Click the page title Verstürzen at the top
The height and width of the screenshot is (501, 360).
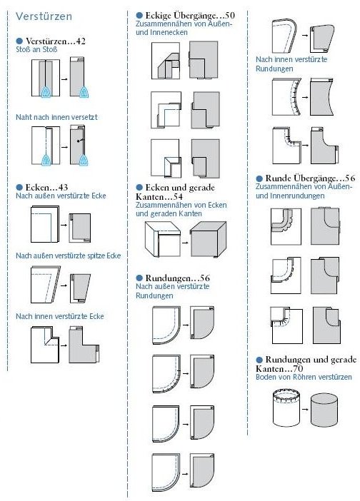pyautogui.click(x=44, y=16)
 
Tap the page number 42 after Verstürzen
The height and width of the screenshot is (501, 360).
pyautogui.click(x=81, y=41)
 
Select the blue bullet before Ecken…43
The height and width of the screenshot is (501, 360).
pyautogui.click(x=19, y=187)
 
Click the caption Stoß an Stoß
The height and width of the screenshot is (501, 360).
pyautogui.click(x=36, y=49)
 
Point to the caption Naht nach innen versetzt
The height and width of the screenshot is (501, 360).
pyautogui.click(x=56, y=117)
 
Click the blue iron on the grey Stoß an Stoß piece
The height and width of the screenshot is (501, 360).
pyautogui.click(x=84, y=92)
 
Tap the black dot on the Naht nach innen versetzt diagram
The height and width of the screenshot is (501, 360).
pyautogui.click(x=78, y=141)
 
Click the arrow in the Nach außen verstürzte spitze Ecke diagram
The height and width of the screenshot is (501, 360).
pyautogui.click(x=64, y=285)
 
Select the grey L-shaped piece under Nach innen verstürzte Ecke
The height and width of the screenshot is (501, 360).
pyautogui.click(x=83, y=345)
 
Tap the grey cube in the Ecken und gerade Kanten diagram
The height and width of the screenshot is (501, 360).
pyautogui.click(x=208, y=239)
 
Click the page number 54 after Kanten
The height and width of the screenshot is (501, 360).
pyautogui.click(x=177, y=196)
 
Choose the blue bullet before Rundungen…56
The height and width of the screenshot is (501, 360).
pyautogui.click(x=139, y=278)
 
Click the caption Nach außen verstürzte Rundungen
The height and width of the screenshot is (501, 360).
pyautogui.click(x=172, y=290)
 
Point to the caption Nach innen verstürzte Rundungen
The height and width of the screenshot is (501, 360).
pyautogui.click(x=291, y=64)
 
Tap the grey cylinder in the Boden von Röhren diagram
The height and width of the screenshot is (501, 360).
pyautogui.click(x=324, y=410)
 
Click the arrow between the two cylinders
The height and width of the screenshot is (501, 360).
pyautogui.click(x=305, y=409)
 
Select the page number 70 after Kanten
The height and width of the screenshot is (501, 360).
pyautogui.click(x=298, y=368)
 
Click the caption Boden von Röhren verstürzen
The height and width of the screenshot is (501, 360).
pyautogui.click(x=304, y=377)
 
